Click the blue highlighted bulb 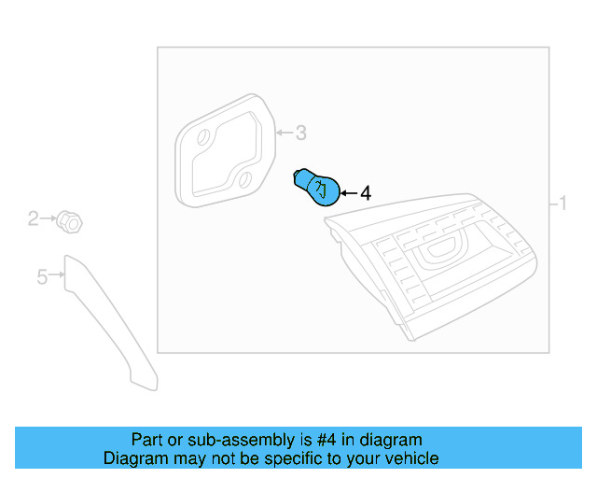pyautogui.click(x=318, y=188)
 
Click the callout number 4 pyautogui.click(x=366, y=193)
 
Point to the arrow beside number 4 pyautogui.click(x=349, y=193)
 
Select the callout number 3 pyautogui.click(x=301, y=133)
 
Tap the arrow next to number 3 pyautogui.click(x=285, y=133)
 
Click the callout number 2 pyautogui.click(x=34, y=218)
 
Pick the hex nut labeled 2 pyautogui.click(x=69, y=222)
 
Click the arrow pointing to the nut pyautogui.click(x=48, y=218)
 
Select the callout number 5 pyautogui.click(x=42, y=276)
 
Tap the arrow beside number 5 pyautogui.click(x=56, y=274)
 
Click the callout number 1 pyautogui.click(x=562, y=203)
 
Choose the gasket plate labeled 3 pyautogui.click(x=225, y=150)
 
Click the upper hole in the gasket pyautogui.click(x=203, y=137)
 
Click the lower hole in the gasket pyautogui.click(x=245, y=180)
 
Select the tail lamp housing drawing pyautogui.click(x=430, y=267)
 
